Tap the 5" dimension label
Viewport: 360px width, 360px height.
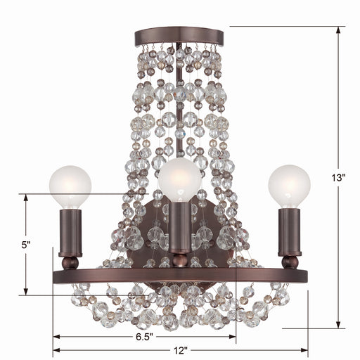26,245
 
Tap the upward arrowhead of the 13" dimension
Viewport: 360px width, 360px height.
341,30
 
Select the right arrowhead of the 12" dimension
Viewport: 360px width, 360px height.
304,349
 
